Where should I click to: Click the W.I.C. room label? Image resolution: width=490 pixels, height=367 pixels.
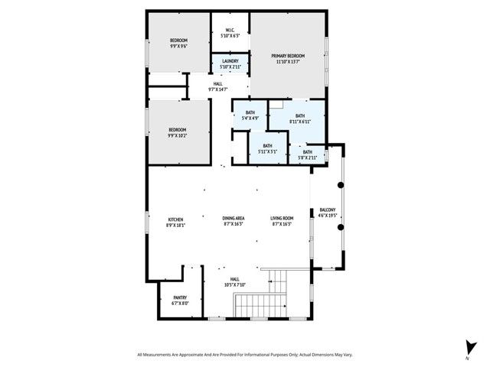click(230, 31)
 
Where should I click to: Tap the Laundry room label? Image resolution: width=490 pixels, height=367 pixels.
click(230, 61)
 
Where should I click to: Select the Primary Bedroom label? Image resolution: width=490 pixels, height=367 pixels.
click(290, 56)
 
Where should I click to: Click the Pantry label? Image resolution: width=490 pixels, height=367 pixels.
click(180, 297)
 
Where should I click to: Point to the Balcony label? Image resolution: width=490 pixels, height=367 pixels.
click(327, 210)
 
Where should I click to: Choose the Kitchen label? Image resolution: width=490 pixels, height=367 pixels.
click(176, 219)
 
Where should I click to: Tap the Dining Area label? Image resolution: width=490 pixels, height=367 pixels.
click(234, 219)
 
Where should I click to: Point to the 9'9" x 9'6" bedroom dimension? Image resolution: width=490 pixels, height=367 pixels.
click(178, 46)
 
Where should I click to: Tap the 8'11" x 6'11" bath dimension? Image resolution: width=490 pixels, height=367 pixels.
click(299, 122)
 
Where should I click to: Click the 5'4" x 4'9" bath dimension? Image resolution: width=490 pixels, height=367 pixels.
click(250, 119)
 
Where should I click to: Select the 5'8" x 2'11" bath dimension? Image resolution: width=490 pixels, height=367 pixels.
click(307, 158)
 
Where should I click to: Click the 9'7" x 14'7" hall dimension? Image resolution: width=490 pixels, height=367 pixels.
click(219, 90)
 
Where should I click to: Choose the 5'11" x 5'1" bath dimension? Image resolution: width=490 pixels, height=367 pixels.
click(267, 151)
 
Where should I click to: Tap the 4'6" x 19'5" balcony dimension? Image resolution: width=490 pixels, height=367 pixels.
click(327, 216)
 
